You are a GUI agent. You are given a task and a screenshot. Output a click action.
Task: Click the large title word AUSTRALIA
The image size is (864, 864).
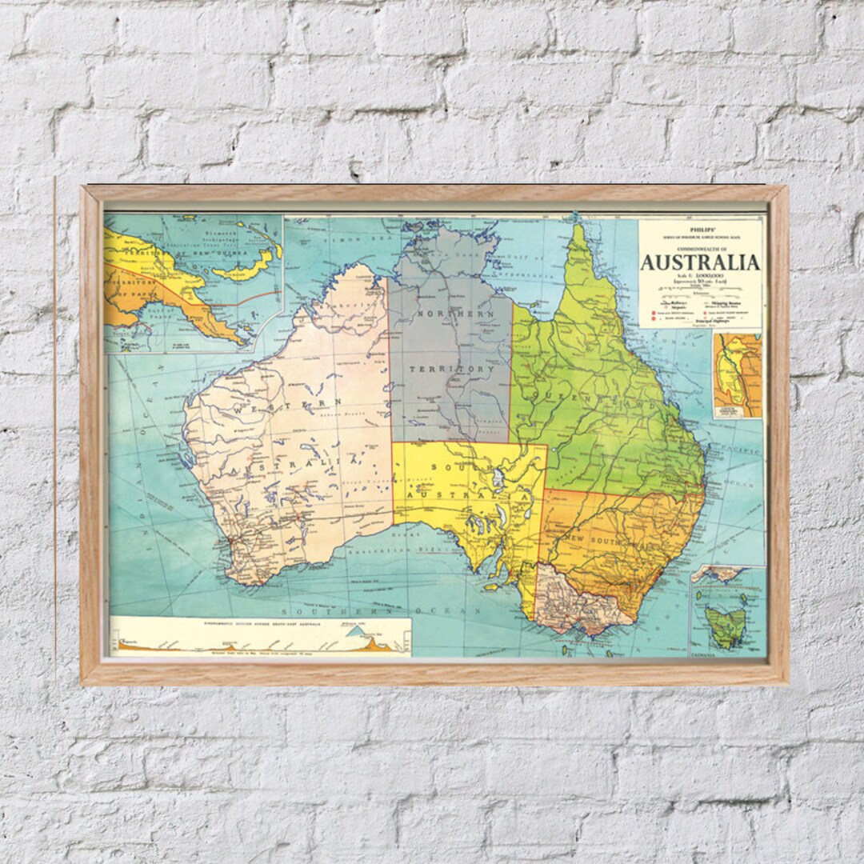pos(700,262)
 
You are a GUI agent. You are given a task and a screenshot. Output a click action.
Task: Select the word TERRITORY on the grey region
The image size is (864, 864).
pos(451,370)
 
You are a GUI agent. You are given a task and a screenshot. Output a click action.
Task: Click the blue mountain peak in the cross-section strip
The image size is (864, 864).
pos(354,631)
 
